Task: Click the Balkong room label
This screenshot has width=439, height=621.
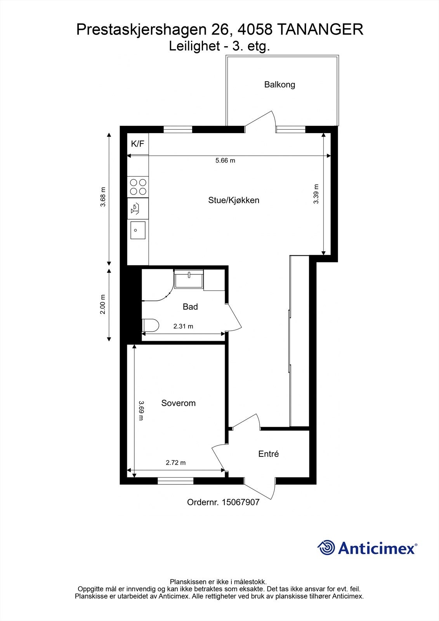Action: point(279,84)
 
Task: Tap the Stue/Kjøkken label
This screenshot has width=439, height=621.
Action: point(234,200)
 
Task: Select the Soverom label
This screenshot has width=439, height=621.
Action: point(178,403)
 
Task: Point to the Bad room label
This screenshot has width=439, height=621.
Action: point(190,307)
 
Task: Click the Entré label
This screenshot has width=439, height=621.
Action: point(269,454)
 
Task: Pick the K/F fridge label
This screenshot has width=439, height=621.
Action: point(137,144)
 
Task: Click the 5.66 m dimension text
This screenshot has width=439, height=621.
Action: point(225,160)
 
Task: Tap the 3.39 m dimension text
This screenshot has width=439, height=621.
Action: point(316,194)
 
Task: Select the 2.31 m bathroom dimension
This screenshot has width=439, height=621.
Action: point(183,326)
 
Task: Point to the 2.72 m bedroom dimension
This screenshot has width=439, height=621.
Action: point(175,463)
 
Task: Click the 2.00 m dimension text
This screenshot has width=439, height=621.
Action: point(103,304)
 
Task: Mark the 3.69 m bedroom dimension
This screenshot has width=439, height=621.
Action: point(141,411)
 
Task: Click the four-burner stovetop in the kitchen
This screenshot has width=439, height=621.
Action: point(138,187)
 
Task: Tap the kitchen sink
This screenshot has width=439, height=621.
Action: point(138,230)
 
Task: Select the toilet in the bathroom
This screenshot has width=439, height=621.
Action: point(150,325)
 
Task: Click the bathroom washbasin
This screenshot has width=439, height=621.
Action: point(189,279)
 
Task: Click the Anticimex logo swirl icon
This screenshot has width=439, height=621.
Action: point(326,548)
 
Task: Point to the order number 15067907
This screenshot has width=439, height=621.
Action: point(240,502)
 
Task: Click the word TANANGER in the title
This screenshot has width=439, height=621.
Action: point(320,29)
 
